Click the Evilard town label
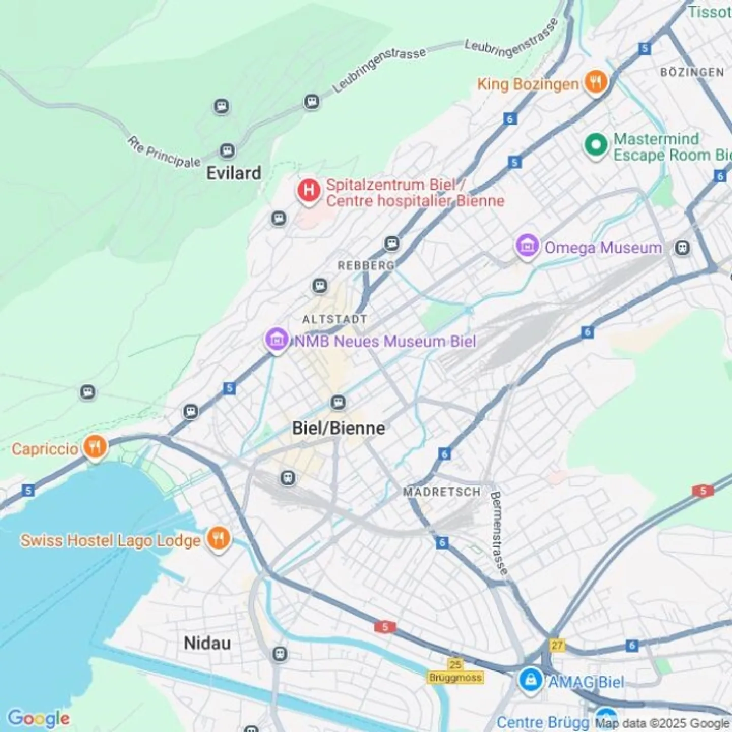[x=233, y=173]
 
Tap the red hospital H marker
[x=309, y=191]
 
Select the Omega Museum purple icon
[x=527, y=247]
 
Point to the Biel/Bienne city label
[x=339, y=428]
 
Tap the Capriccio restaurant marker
[x=95, y=447]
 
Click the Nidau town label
[x=207, y=643]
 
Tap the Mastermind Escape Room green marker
[x=596, y=145]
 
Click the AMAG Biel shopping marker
[x=531, y=679]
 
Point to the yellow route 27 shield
[x=557, y=645]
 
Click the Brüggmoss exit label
[x=455, y=678]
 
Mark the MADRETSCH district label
[x=442, y=492]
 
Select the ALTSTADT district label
[x=334, y=319]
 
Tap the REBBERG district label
[x=366, y=265]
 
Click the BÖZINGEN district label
[x=692, y=72]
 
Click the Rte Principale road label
[x=164, y=152]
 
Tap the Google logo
[x=39, y=718]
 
